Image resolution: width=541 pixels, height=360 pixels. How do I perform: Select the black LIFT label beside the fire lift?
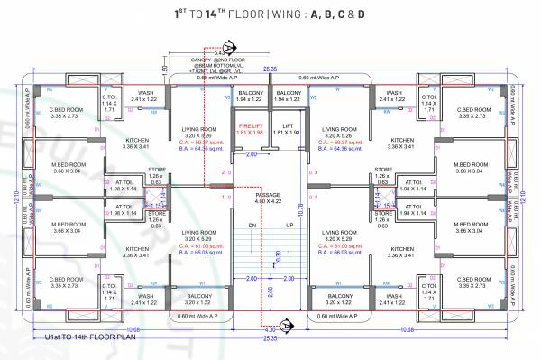[x=288, y=125]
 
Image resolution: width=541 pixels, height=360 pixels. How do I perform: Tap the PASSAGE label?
[x=270, y=194]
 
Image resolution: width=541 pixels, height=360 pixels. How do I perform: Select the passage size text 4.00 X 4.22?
[x=270, y=201]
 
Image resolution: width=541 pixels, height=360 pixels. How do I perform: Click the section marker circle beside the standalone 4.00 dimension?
[x=286, y=324]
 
